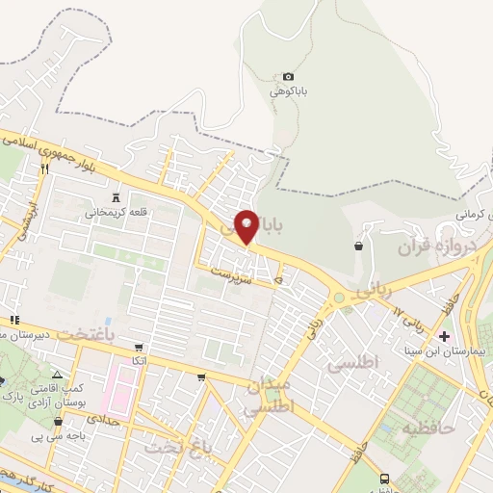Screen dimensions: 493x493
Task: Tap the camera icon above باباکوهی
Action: click(x=288, y=77)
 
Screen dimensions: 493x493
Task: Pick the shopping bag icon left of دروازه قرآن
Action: click(x=359, y=246)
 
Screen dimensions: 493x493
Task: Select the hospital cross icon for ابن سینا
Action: click(x=444, y=336)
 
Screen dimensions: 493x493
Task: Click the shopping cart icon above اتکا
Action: click(x=140, y=347)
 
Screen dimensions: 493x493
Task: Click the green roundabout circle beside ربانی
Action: click(x=339, y=299)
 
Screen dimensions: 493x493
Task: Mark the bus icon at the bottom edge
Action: click(x=385, y=479)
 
